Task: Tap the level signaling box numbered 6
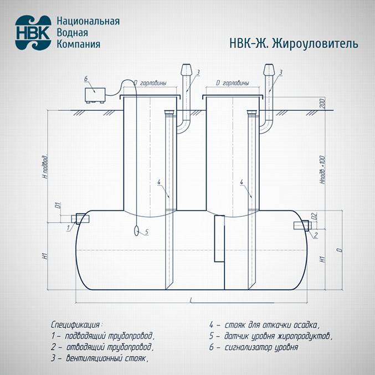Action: click(95, 94)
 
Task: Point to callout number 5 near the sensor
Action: click(147, 233)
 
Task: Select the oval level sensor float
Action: click(136, 231)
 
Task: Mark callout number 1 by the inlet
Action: click(68, 228)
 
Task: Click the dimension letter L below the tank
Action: click(191, 300)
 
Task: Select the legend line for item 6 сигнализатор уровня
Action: click(254, 348)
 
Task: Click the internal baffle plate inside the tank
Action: click(219, 238)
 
